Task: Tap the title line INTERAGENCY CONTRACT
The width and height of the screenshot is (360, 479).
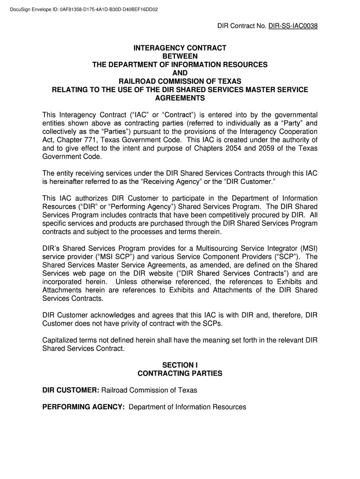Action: pyautogui.click(x=180, y=48)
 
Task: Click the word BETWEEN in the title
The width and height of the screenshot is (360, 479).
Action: pyautogui.click(x=180, y=56)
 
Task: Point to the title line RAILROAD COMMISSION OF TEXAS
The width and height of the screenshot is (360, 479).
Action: pyautogui.click(x=180, y=81)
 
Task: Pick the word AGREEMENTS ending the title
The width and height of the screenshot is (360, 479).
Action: pyautogui.click(x=180, y=98)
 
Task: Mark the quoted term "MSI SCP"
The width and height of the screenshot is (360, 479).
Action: pyautogui.click(x=104, y=257)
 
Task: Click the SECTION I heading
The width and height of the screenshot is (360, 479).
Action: pyautogui.click(x=180, y=365)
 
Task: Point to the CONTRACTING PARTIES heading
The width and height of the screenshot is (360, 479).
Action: pyautogui.click(x=180, y=373)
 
